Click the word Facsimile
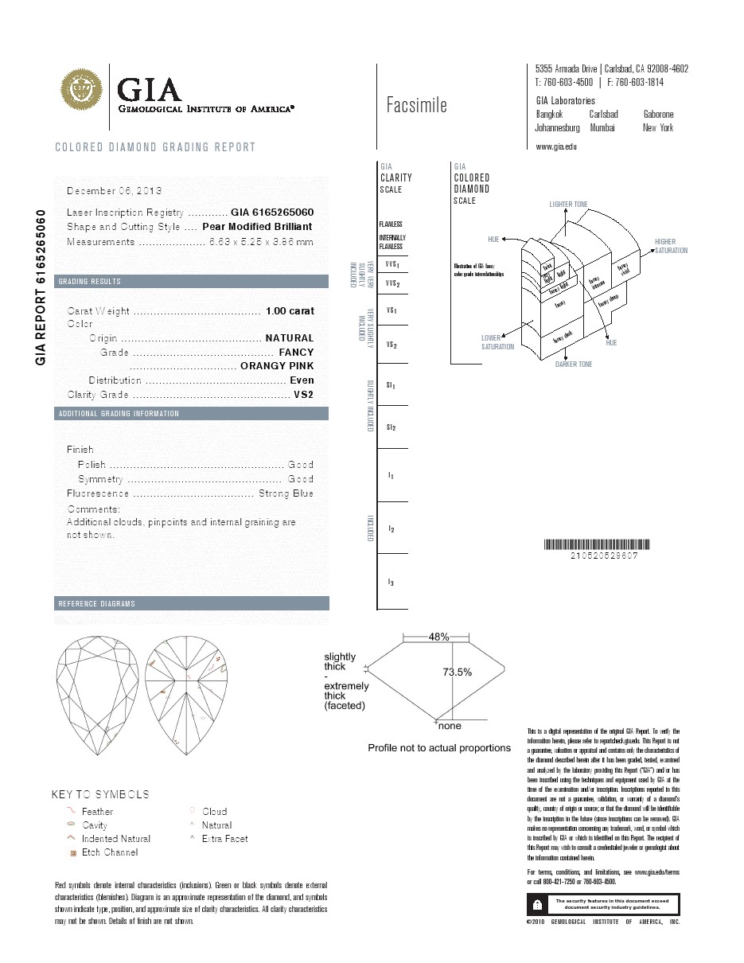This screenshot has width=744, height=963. tap(416, 105)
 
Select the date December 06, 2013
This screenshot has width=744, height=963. tap(115, 191)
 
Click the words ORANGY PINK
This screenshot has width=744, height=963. tap(277, 366)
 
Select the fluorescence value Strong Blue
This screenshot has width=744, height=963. tap(286, 493)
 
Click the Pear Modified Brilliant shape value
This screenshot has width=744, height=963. tap(258, 227)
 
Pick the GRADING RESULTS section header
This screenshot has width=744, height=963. tap(90, 282)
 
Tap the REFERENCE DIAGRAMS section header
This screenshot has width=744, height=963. tap(97, 604)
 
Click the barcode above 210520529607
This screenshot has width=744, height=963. tap(596, 545)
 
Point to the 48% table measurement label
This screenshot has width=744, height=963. tap(439, 637)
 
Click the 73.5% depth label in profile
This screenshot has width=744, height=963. tap(458, 672)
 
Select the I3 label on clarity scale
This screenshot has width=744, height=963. tap(391, 583)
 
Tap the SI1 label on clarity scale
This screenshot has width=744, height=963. tap(391, 385)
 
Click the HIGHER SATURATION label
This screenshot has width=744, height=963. tap(671, 246)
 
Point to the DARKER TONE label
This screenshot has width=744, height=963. tap(573, 365)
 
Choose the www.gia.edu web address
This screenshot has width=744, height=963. tap(556, 146)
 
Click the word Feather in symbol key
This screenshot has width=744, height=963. tap(98, 811)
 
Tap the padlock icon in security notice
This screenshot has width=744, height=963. tap(539, 904)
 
